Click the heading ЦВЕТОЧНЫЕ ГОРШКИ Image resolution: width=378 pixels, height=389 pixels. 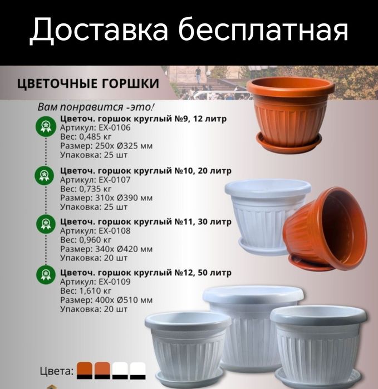click(x=89, y=83)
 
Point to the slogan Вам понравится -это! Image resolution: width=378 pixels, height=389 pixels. click(x=96, y=107)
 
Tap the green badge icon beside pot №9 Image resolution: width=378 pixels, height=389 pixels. click(x=44, y=127)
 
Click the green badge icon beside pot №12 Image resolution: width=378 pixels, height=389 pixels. click(x=44, y=274)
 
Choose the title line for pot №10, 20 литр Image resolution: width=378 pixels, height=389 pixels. click(x=146, y=171)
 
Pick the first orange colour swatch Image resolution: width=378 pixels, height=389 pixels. click(x=84, y=371)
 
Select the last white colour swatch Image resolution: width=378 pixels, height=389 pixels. click(x=138, y=371)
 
